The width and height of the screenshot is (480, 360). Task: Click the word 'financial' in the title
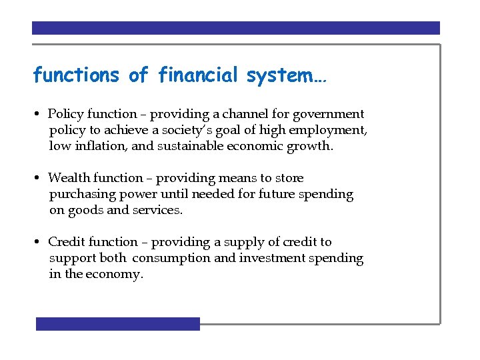198,76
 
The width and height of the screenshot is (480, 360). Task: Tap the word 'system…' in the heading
286,76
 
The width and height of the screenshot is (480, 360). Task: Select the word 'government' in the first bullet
326,115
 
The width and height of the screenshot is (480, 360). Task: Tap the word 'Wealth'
69,179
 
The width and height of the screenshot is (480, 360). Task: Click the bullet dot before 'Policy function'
40,115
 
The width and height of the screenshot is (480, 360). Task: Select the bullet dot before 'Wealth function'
40,179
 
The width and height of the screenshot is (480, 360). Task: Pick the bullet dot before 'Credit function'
40,243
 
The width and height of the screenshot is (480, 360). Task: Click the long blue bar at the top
236,28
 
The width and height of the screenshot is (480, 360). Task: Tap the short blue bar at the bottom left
117,324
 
